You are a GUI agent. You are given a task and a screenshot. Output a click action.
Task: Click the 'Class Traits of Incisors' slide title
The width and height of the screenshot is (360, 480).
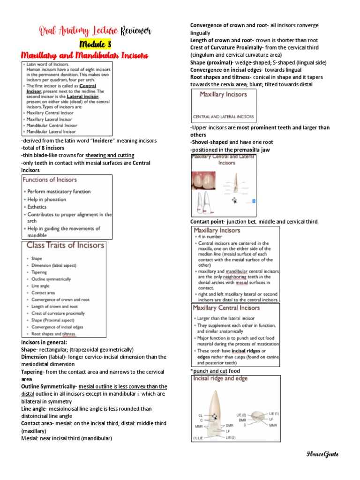click(65, 245)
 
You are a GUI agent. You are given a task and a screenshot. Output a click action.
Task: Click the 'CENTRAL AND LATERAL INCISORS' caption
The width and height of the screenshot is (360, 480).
click(224, 116)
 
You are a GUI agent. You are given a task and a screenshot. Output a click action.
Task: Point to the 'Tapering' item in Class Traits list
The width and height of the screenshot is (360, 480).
click(39, 272)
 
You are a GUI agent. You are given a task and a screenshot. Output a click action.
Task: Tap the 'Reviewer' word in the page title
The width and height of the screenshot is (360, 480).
click(136, 31)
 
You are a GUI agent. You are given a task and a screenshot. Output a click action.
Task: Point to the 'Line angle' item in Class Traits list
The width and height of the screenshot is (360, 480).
click(42, 285)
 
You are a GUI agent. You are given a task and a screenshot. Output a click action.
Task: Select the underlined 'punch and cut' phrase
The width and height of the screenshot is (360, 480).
click(210, 371)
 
